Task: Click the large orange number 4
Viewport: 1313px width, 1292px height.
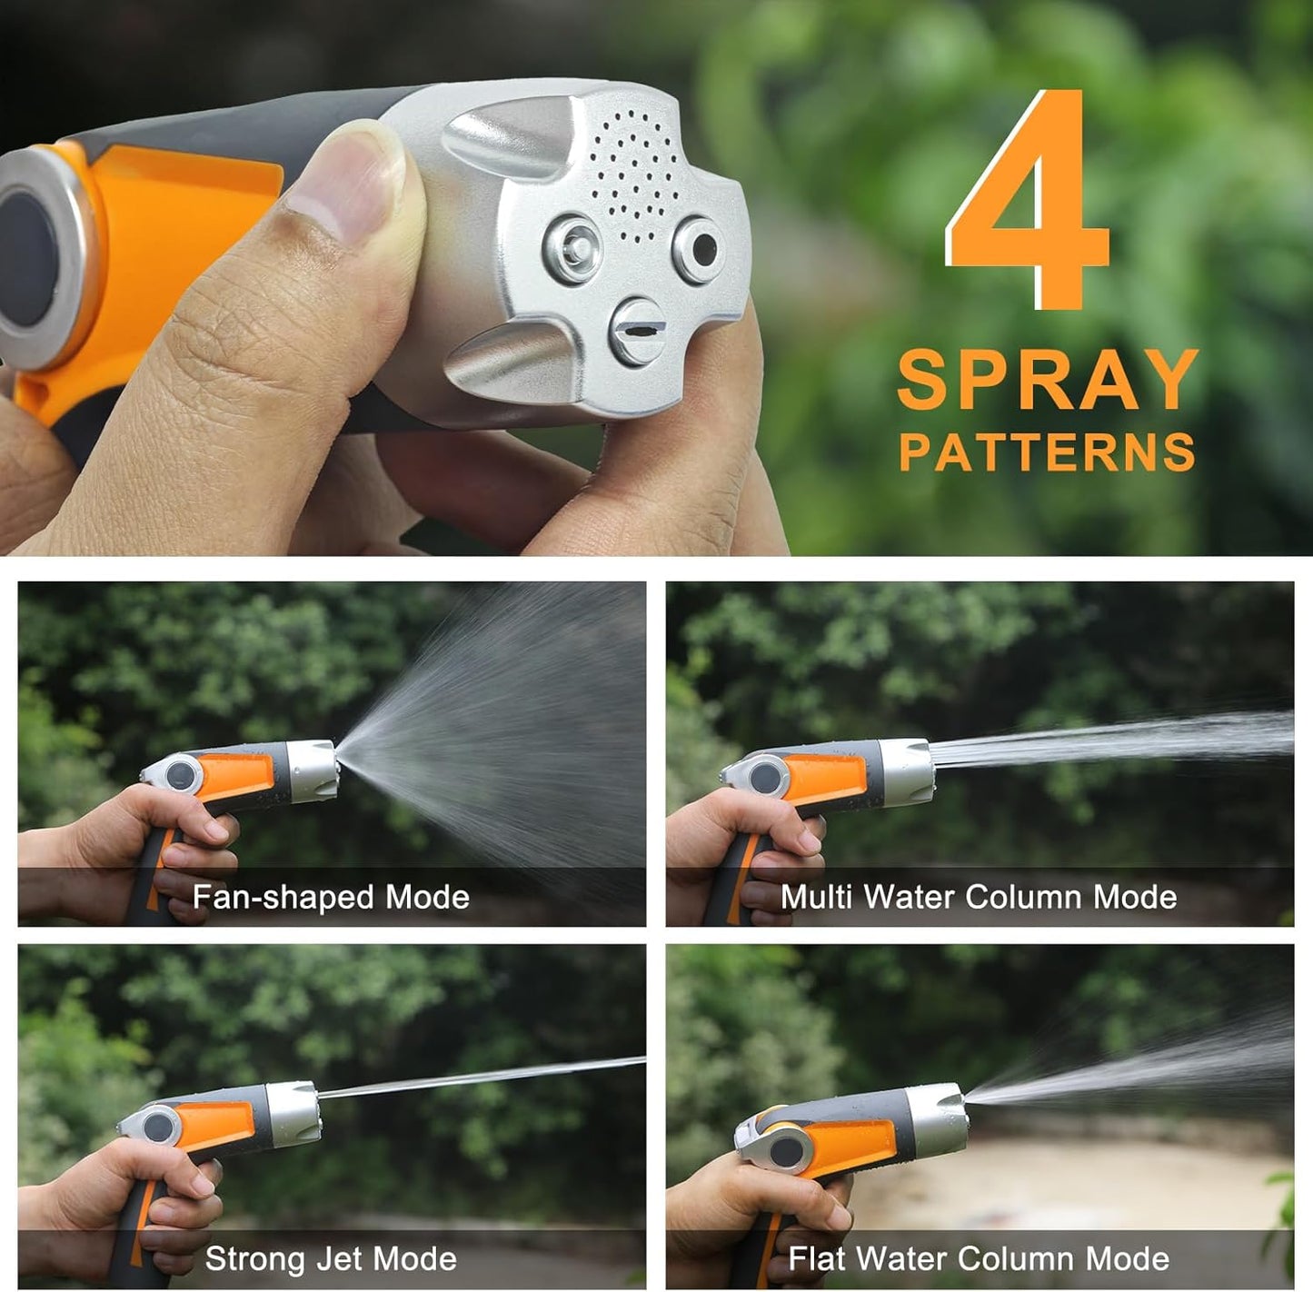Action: [x=1031, y=204]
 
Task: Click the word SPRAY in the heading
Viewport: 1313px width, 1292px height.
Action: [x=1047, y=380]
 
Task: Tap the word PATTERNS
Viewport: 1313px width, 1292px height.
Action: [x=1047, y=452]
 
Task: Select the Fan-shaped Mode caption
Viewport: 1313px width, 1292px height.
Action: [x=331, y=897]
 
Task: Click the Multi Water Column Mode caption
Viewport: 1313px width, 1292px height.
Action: [x=979, y=897]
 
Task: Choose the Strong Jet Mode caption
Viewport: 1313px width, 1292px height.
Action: [x=331, y=1258]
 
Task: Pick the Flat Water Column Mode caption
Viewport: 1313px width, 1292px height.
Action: [x=979, y=1258]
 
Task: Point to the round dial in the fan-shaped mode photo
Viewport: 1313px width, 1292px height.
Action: [x=181, y=776]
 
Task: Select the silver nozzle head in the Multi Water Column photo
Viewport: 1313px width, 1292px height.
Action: [x=908, y=772]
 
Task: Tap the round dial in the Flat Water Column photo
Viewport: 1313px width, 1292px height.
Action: [x=786, y=1150]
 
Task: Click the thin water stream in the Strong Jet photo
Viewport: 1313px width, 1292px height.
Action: [x=482, y=1077]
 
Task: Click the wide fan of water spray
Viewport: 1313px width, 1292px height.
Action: [x=509, y=727]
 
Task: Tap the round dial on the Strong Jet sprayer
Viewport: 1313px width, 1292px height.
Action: [x=159, y=1127]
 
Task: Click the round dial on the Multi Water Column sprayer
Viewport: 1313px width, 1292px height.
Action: [x=765, y=778]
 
